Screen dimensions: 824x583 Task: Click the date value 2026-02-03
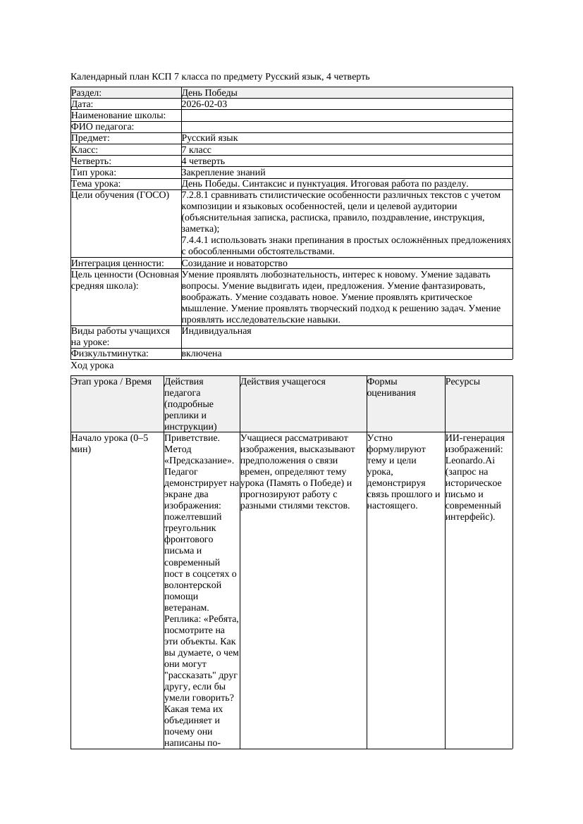point(204,104)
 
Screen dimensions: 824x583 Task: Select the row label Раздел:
point(87,93)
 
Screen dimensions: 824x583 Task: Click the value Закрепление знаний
point(223,172)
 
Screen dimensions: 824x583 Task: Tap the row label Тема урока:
point(96,183)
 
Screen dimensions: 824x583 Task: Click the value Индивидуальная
point(216,330)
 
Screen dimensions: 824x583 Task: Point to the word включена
point(202,354)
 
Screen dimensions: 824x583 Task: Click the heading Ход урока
point(92,366)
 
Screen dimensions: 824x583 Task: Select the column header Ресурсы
point(462,382)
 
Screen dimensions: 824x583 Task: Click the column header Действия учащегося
point(283,382)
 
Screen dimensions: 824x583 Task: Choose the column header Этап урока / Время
point(111,382)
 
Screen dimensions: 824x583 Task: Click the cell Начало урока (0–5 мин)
point(110,444)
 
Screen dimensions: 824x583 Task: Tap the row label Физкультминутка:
point(110,354)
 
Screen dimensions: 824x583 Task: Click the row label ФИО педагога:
point(103,127)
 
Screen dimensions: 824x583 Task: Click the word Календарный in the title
point(97,76)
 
